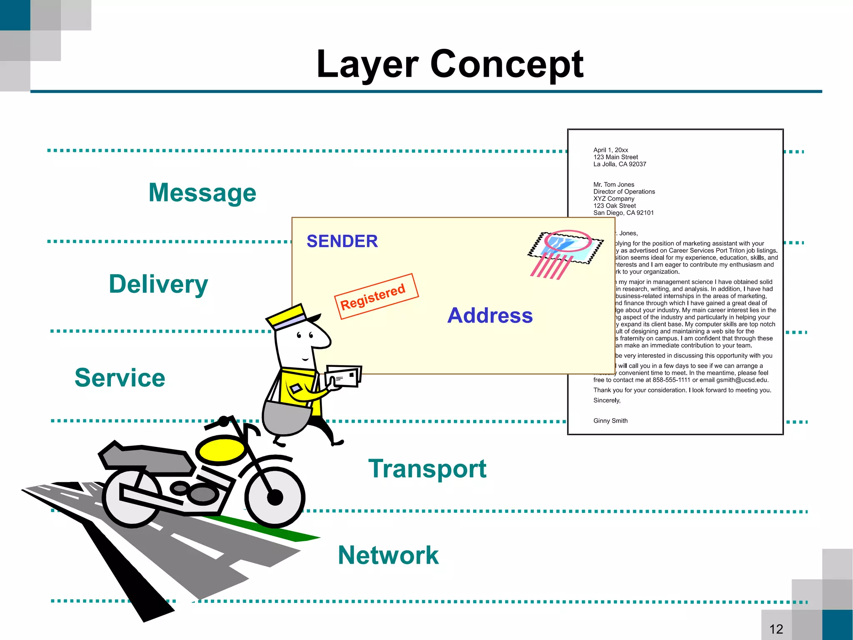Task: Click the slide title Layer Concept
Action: coord(450,65)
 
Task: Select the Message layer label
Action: coord(202,193)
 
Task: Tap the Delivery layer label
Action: coord(158,284)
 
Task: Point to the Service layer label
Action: coord(120,378)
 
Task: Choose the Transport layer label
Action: coord(427,469)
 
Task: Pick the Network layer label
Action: coord(388,555)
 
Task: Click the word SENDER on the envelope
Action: coord(342,241)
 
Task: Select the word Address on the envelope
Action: coord(490,316)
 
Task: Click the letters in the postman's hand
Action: coord(343,376)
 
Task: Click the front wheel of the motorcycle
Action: coord(275,496)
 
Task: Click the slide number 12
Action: coord(776,629)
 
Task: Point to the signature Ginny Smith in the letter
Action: coord(610,421)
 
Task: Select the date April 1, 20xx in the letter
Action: coord(611,150)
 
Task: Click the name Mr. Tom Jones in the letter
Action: coord(614,185)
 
